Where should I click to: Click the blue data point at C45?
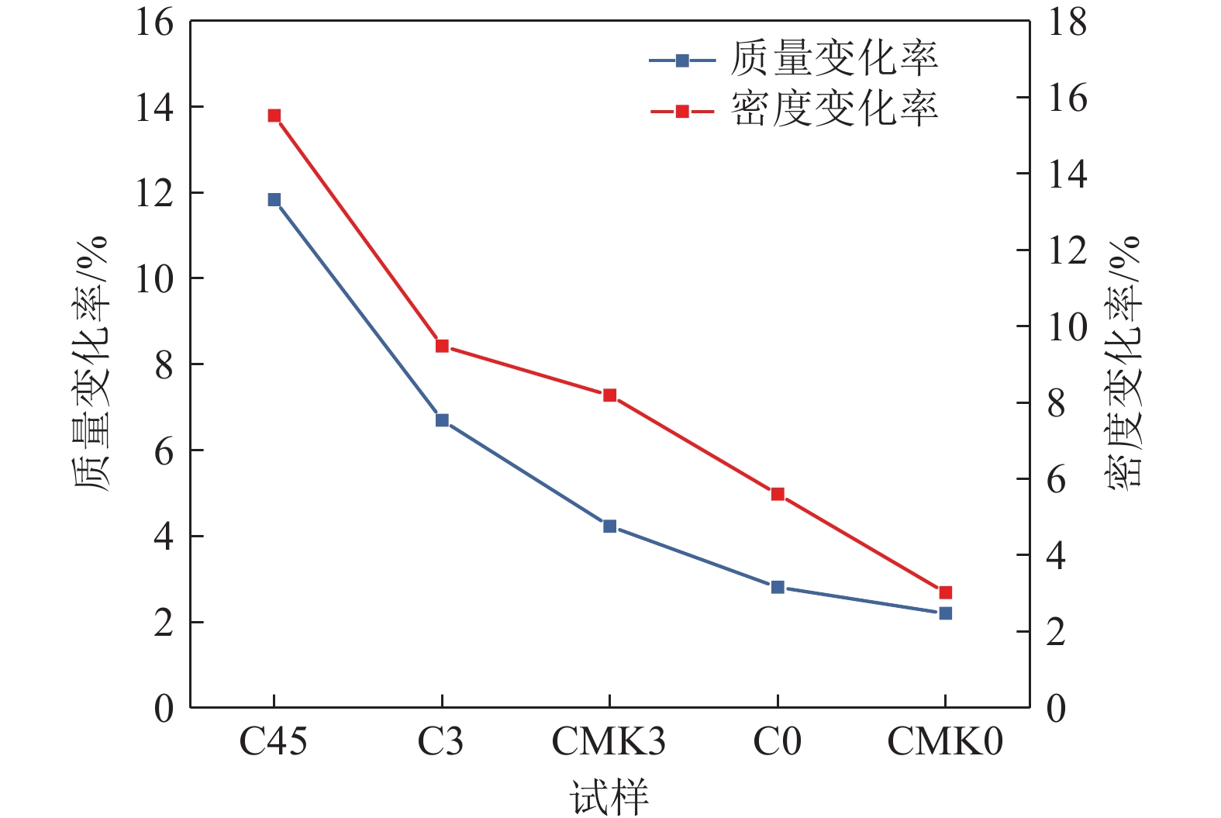click(274, 200)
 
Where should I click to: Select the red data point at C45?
click(274, 116)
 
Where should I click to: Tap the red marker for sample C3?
click(442, 346)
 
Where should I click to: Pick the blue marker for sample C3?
click(442, 420)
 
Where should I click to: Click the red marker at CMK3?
click(609, 395)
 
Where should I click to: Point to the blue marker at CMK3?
click(609, 526)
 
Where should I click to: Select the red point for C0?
click(778, 494)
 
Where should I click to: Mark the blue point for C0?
click(778, 587)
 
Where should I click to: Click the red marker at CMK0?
click(945, 592)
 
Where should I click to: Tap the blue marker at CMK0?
click(945, 613)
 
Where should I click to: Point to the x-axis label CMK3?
click(609, 742)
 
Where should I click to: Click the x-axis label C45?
click(273, 742)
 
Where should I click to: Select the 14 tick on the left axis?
click(154, 107)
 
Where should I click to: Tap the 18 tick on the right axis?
click(1068, 22)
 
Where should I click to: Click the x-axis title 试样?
click(609, 797)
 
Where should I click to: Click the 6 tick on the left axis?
click(164, 451)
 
